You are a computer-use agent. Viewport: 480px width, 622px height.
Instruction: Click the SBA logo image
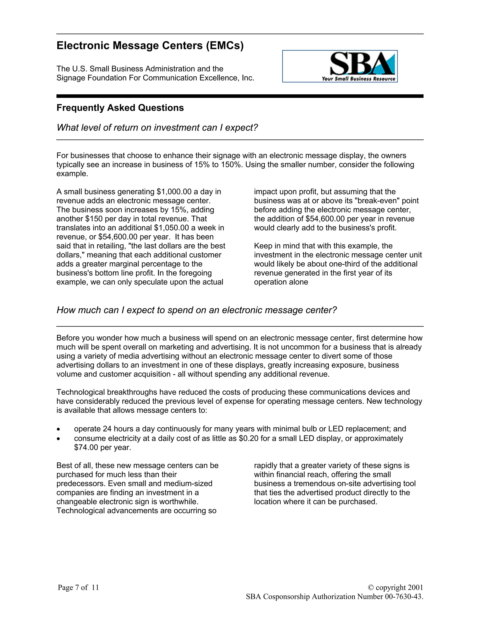(340, 66)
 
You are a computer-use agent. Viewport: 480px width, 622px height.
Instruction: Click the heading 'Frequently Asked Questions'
(120, 108)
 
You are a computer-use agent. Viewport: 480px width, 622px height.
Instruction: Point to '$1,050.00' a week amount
(172, 228)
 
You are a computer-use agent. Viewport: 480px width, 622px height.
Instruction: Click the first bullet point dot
(58, 430)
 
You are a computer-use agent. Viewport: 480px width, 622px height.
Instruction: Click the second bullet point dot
(58, 439)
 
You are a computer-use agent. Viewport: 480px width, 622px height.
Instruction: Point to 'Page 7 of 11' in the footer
(78, 587)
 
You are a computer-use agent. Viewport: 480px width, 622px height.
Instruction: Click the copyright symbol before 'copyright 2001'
(371, 587)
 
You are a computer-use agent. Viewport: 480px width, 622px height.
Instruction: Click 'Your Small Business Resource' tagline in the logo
(358, 79)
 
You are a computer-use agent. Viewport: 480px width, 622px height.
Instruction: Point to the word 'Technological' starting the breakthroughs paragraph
(80, 392)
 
